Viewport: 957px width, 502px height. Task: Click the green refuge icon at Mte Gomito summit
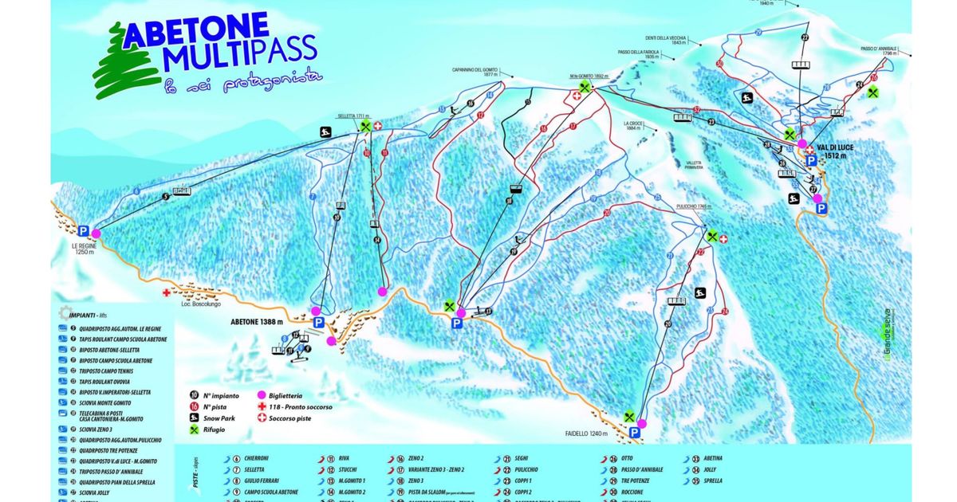[585, 87]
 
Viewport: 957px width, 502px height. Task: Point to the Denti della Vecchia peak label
[667, 39]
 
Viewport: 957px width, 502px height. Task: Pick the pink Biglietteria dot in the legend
[260, 394]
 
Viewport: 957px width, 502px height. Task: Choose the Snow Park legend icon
[194, 418]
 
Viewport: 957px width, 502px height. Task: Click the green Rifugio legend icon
[194, 430]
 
